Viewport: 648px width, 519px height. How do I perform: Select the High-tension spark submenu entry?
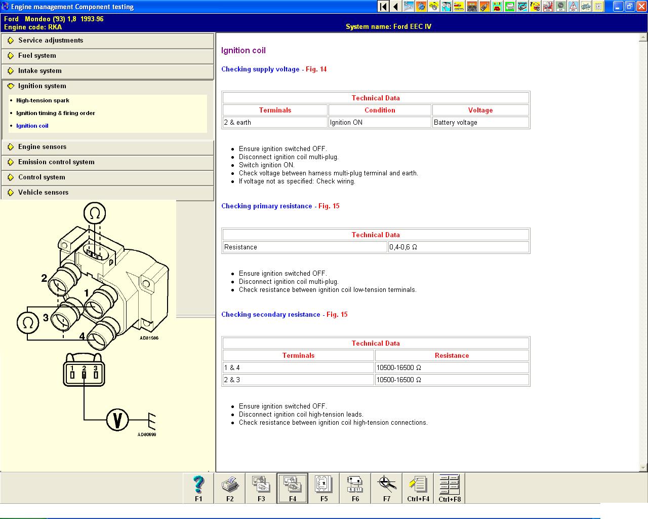click(43, 100)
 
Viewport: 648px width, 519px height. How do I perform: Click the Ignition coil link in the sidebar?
click(32, 126)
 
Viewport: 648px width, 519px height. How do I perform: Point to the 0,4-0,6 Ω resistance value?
click(403, 247)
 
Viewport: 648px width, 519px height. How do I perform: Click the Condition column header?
click(380, 110)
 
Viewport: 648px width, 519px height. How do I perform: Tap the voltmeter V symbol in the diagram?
click(117, 420)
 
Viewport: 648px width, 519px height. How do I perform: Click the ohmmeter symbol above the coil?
click(95, 213)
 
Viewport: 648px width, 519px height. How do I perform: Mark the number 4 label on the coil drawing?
click(82, 336)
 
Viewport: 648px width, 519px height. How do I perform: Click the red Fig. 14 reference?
click(316, 69)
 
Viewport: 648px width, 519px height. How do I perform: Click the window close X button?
click(641, 6)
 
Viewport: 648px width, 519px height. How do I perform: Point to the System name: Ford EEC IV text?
click(388, 26)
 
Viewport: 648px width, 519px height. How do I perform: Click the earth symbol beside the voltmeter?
click(152, 421)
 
